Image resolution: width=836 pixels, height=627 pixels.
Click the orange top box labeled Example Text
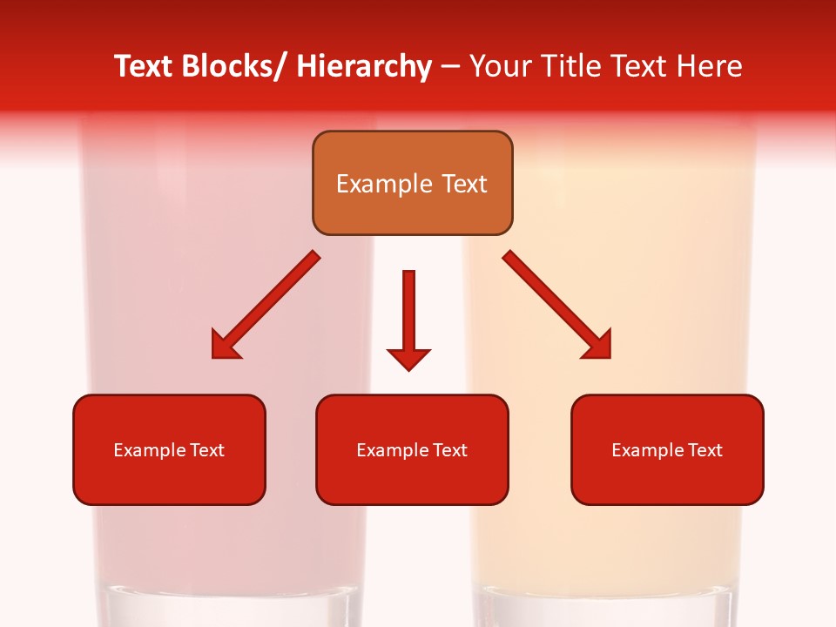pyautogui.click(x=412, y=183)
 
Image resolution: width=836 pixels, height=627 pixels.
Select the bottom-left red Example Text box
pyautogui.click(x=169, y=449)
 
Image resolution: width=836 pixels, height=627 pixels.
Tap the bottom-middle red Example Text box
pyautogui.click(x=412, y=449)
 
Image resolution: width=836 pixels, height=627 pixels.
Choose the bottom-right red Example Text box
pyautogui.click(x=667, y=449)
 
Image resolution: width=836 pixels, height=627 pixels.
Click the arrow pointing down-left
pyautogui.click(x=266, y=305)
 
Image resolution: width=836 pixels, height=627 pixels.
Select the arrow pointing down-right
pyautogui.click(x=557, y=305)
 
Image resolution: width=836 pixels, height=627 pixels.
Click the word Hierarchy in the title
pyautogui.click(x=364, y=66)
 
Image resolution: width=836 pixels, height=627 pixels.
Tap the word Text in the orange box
pyautogui.click(x=462, y=184)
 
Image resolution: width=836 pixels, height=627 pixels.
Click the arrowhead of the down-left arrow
pyautogui.click(x=224, y=346)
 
